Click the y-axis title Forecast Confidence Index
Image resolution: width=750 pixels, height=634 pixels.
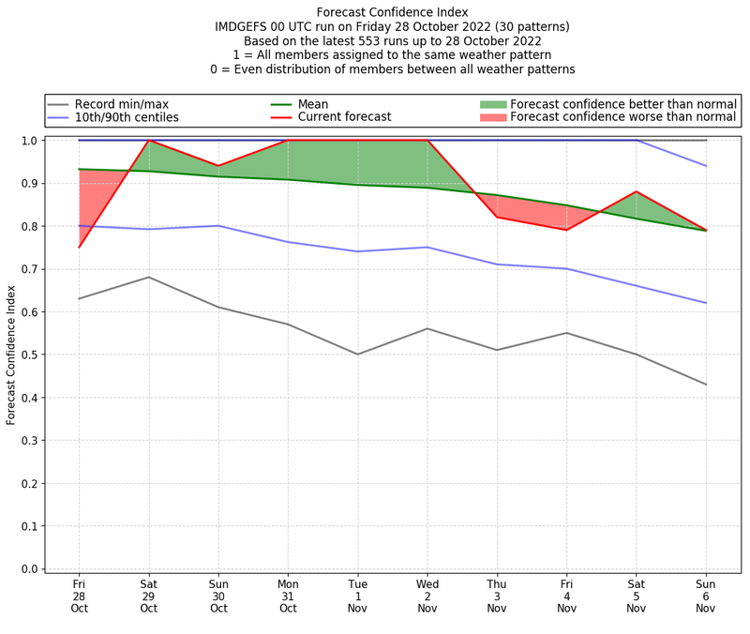(x=11, y=355)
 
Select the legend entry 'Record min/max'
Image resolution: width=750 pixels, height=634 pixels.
(x=121, y=104)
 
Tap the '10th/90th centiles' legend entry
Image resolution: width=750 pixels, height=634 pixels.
(x=126, y=117)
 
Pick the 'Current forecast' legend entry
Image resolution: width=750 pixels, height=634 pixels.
(x=344, y=117)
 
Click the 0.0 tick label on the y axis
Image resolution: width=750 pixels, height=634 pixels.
(x=30, y=569)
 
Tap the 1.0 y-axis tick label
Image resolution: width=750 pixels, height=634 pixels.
(x=30, y=141)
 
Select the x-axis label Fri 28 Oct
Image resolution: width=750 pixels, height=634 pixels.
(x=79, y=595)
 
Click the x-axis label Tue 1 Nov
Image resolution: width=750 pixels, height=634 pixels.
(x=357, y=595)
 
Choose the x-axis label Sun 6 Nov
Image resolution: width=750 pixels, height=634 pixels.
(x=706, y=595)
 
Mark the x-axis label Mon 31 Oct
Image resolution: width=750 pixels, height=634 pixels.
(x=288, y=595)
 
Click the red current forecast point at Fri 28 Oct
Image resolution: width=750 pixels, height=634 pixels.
(x=79, y=248)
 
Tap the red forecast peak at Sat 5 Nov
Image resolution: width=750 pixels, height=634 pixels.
(x=637, y=191)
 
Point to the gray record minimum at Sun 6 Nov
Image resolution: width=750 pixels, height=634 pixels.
(x=706, y=385)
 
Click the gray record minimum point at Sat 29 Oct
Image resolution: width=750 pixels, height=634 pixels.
(x=148, y=277)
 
